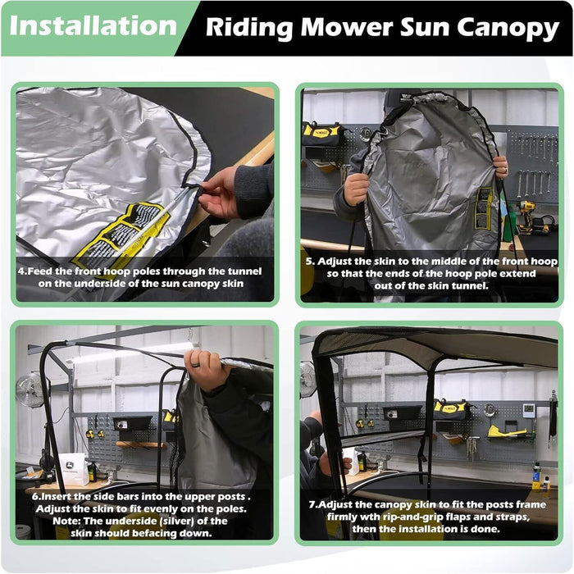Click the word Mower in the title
pos(349,28)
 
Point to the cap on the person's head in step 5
pos(399,98)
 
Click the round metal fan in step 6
pos(32,389)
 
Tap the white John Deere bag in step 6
pos(74,468)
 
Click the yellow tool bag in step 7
pos(449,408)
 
